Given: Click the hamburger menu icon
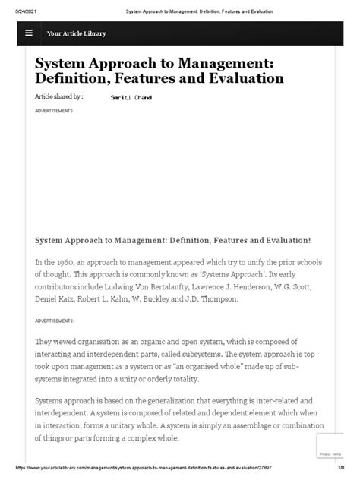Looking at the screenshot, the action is [29, 33].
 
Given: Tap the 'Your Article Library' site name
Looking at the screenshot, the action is [76, 33].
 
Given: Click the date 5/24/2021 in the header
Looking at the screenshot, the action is [16, 11].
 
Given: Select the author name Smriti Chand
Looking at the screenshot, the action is [132, 99].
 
